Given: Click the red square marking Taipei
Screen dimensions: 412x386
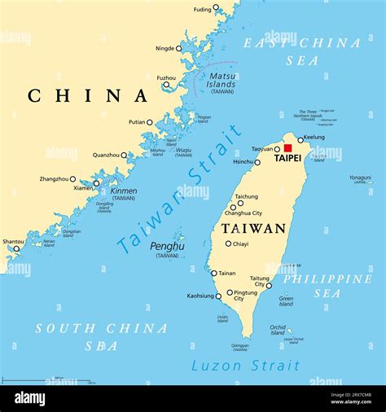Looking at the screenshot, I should point(287,148).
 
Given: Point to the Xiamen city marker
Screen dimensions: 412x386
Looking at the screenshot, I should point(96,182).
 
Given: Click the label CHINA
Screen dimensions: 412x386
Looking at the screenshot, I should point(88,96).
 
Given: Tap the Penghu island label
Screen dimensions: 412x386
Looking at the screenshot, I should point(166,245).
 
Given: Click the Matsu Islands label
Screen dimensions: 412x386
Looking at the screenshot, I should point(221,81).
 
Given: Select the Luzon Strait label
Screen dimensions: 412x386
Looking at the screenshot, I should point(240,366).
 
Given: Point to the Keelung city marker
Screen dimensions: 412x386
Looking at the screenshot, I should point(300,140).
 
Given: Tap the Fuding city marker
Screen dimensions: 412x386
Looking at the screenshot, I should point(216,9).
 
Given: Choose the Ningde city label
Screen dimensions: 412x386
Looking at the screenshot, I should point(164,48).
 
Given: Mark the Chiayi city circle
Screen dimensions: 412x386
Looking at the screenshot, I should point(228,243).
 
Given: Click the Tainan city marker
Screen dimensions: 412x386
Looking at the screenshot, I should point(214,273).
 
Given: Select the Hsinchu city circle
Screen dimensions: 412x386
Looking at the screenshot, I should point(257,162).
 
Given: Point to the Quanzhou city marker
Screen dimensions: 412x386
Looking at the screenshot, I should point(124,155).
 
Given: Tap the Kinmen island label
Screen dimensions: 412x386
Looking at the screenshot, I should point(124,191).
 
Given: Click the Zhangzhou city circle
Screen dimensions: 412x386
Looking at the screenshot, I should point(72,179).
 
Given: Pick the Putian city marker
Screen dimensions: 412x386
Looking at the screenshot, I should point(150,122).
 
